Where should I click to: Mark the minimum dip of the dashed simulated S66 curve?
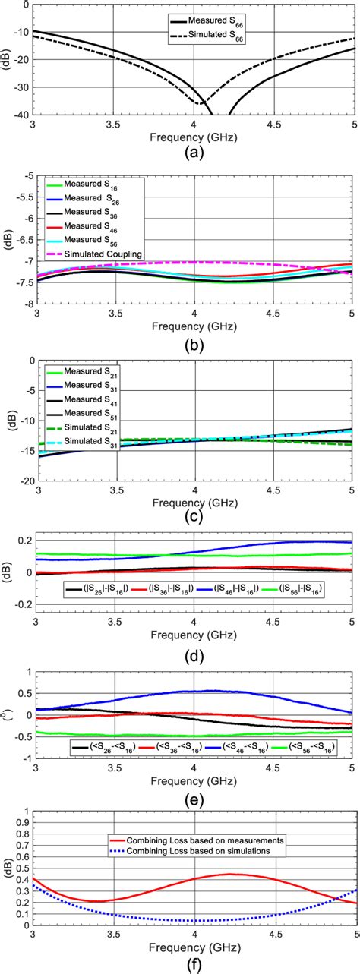[199, 103]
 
